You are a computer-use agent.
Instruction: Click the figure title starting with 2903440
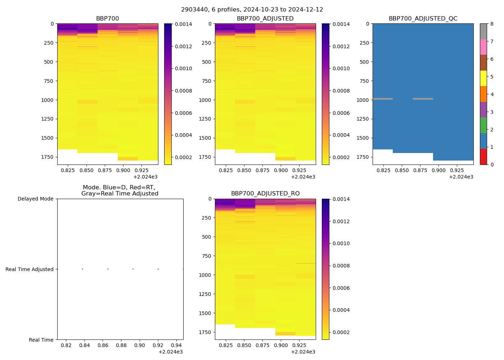[x=252, y=10]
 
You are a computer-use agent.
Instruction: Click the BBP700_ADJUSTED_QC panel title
[x=423, y=19]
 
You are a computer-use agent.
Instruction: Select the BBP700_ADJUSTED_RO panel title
[x=265, y=194]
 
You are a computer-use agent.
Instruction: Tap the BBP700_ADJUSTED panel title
[x=265, y=19]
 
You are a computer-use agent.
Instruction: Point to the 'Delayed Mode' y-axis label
[x=35, y=199]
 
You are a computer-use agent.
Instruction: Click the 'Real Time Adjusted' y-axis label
[x=30, y=269]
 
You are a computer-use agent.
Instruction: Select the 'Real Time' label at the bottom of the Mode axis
[x=41, y=340]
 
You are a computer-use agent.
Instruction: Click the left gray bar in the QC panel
[x=383, y=99]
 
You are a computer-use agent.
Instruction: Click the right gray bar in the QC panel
[x=423, y=99]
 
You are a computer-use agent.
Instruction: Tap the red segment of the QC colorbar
[x=483, y=157]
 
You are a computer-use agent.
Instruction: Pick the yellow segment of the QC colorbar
[x=483, y=78]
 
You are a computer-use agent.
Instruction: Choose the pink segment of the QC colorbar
[x=483, y=47]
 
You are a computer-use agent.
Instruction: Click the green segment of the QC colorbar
[x=483, y=125]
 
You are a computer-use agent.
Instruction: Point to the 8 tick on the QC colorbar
[x=492, y=24]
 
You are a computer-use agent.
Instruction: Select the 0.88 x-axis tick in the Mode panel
[x=121, y=346]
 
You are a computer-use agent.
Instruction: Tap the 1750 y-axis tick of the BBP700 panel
[x=48, y=157]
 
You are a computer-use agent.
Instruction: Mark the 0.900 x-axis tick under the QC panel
[x=438, y=170]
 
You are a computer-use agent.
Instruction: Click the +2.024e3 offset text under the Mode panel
[x=170, y=352]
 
